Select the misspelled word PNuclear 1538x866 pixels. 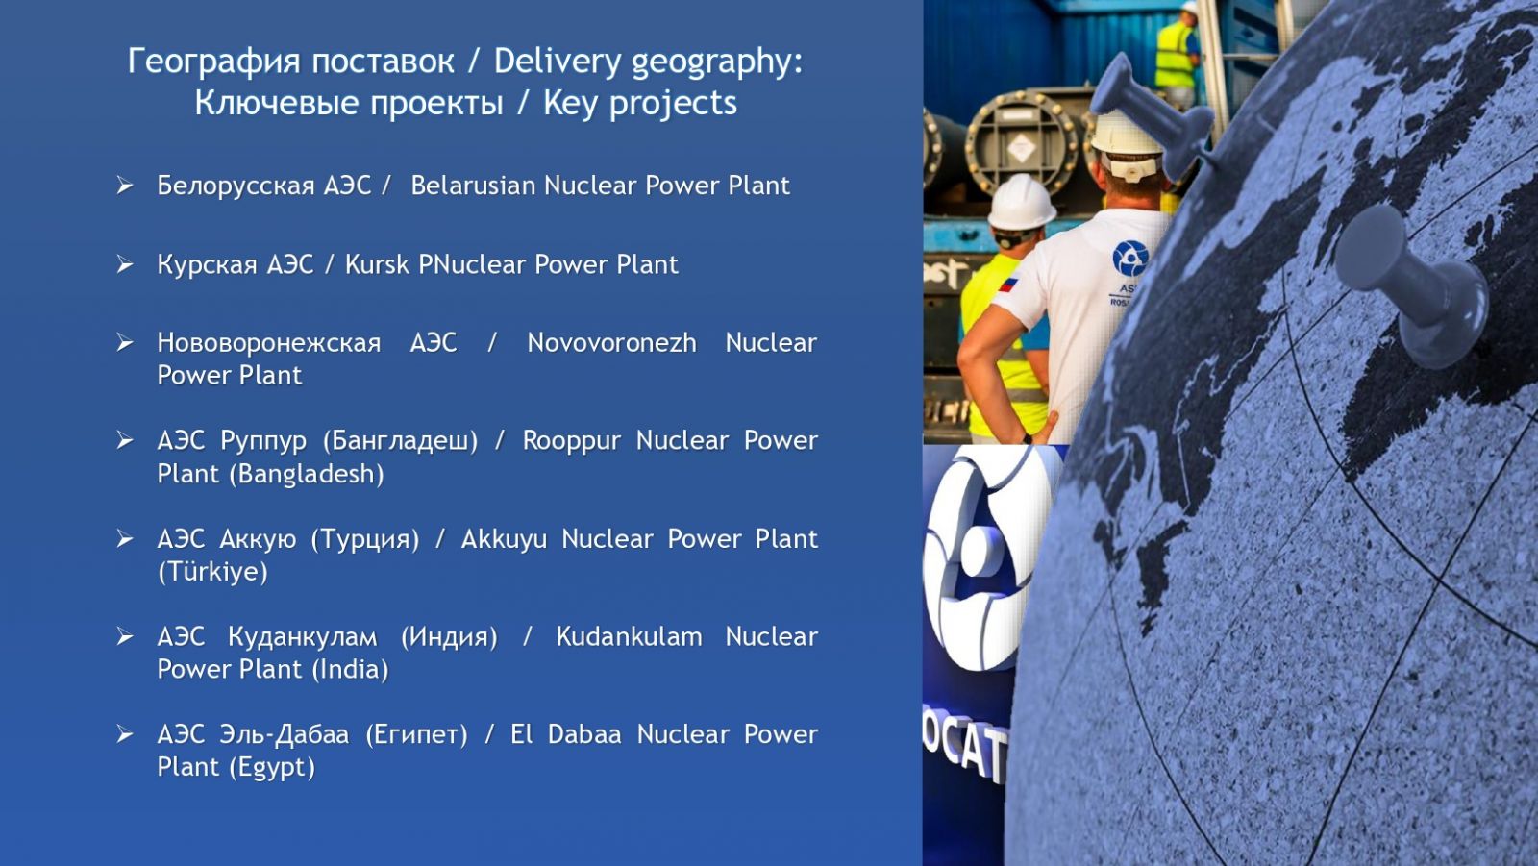point(472,264)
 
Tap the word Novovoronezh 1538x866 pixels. point(611,343)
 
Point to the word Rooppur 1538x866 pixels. point(571,441)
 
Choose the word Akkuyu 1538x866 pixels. point(504,539)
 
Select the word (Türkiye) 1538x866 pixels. point(212,571)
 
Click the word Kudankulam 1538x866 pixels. point(629,636)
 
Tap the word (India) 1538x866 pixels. point(350,670)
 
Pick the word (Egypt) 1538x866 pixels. point(272,767)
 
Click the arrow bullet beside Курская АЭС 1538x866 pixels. point(124,264)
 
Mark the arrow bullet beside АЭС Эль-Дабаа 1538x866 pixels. point(124,734)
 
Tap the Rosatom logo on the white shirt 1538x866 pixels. point(1130,258)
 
